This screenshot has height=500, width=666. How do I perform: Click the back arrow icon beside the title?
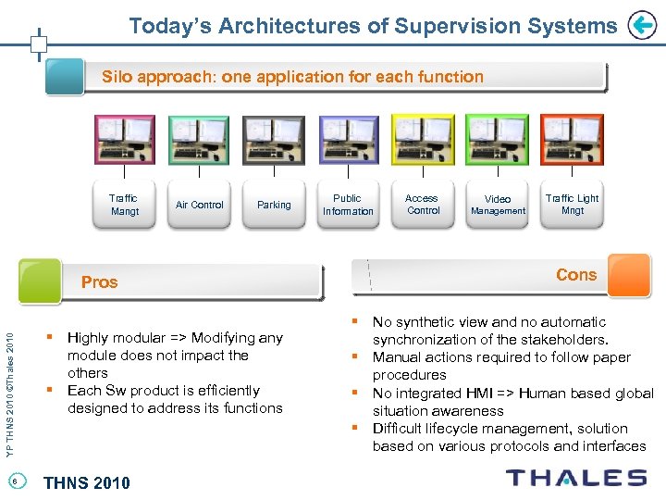[641, 26]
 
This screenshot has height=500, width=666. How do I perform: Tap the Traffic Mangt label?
[124, 205]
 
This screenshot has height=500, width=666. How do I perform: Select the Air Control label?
[200, 205]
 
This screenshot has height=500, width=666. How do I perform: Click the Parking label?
[274, 205]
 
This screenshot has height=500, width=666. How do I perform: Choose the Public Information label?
[348, 205]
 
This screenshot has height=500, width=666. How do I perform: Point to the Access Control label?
[422, 204]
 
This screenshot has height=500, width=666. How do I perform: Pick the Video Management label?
[498, 205]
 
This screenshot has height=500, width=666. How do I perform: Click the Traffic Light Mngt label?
[572, 204]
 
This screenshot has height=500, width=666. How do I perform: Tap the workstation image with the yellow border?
[423, 140]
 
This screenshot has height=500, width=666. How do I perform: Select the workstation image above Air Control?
[199, 140]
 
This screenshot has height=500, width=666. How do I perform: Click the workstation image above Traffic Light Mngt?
[572, 140]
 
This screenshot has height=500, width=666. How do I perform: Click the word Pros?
[100, 282]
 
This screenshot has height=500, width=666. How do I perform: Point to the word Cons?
[576, 275]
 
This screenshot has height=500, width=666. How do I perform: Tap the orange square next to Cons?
[629, 275]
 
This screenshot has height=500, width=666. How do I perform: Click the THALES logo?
[576, 478]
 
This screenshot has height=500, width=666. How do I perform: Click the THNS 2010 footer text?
[87, 482]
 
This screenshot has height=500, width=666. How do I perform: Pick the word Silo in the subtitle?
[117, 77]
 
